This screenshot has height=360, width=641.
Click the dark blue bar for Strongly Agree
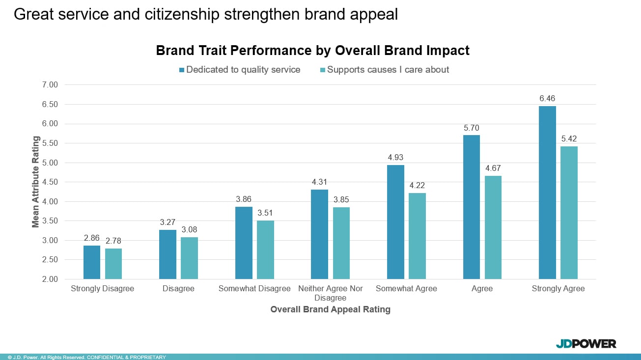[547, 193]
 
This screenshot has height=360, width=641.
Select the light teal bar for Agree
[493, 227]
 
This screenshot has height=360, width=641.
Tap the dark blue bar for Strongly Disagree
[91, 262]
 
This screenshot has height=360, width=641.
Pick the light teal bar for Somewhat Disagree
[265, 250]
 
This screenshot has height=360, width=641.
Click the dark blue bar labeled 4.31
[319, 234]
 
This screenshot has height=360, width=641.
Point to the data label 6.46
[547, 99]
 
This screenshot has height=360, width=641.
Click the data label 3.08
[189, 230]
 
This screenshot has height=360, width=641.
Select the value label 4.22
[417, 186]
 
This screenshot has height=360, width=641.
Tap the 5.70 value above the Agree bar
[471, 128]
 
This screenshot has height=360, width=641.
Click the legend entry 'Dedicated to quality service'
[243, 70]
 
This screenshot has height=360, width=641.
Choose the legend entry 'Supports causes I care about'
[388, 70]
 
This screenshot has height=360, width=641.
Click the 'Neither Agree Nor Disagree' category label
[331, 293]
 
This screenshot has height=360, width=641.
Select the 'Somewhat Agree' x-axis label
[406, 289]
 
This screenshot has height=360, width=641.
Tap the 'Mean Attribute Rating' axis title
[36, 182]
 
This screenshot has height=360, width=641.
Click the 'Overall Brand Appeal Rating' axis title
[330, 309]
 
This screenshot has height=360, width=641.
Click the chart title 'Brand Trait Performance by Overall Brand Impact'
[312, 51]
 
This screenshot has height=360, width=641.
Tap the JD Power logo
[585, 344]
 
